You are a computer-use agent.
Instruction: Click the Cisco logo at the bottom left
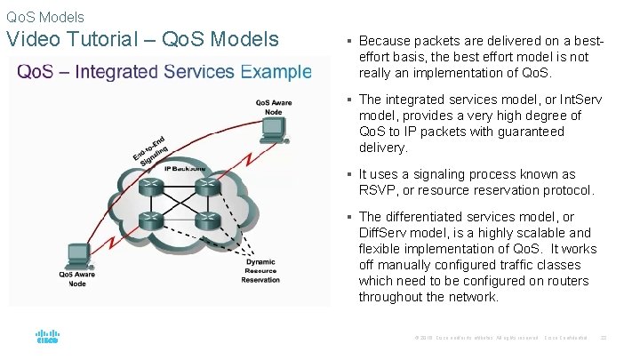pos(46,338)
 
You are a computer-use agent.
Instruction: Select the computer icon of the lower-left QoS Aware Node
pos(77,253)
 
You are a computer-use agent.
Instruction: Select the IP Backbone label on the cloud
pos(184,167)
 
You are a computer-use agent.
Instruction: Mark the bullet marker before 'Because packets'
pos(350,41)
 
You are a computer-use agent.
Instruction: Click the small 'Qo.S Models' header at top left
pos(45,17)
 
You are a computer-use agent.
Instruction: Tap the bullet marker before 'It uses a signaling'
pos(350,174)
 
